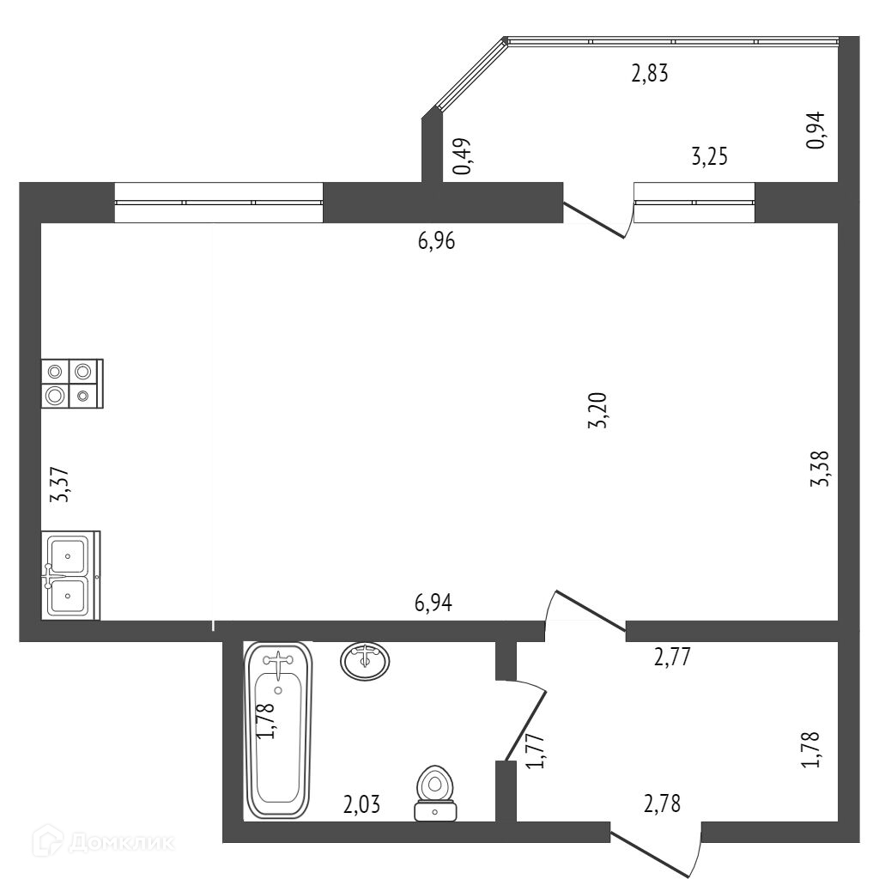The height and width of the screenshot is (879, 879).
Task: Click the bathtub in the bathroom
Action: tap(278, 730)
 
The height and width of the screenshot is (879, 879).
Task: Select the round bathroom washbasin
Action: tap(365, 661)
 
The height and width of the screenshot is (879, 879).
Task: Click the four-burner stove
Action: tap(71, 383)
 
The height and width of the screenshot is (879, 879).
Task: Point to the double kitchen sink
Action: tap(69, 575)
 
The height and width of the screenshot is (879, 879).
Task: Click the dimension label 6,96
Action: tap(436, 241)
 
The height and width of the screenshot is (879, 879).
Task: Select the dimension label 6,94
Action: tap(433, 603)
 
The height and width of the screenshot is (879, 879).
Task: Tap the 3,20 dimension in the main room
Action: tap(598, 410)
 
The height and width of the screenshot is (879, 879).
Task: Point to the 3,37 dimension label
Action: tap(59, 485)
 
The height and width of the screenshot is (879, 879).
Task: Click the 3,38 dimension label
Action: tap(820, 469)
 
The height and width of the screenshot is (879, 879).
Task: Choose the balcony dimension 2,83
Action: tap(650, 74)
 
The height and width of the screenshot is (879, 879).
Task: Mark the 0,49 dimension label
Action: tap(463, 157)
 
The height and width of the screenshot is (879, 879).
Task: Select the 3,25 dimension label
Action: tap(710, 156)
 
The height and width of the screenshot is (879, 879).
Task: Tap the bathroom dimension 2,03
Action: tap(361, 805)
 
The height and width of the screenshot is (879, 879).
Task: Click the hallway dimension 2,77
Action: tap(673, 658)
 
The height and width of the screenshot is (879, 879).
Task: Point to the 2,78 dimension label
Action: tap(663, 805)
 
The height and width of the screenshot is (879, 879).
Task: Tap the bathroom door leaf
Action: tap(525, 721)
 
